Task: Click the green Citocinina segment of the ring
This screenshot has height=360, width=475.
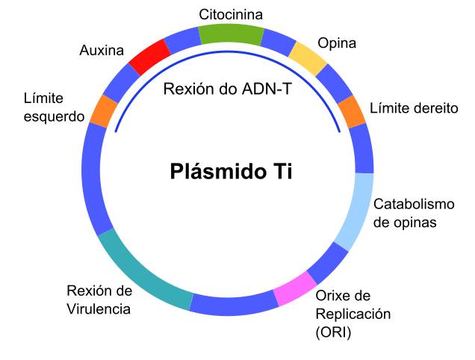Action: pos(231,34)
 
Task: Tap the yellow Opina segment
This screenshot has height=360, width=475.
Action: pos(308,58)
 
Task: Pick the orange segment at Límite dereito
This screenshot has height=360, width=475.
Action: pos(352,111)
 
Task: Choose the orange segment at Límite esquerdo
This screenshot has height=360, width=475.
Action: pos(104,111)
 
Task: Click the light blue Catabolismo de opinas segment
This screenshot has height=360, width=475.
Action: pos(353,211)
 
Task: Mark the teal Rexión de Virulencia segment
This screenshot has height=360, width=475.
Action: pos(142,273)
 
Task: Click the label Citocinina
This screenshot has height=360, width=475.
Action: pos(231,13)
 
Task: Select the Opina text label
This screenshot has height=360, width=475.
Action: pos(337,43)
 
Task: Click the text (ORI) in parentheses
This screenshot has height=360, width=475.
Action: pos(334,330)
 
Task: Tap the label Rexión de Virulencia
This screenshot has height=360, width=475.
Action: pos(99,299)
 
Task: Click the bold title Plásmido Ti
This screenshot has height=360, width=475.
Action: pos(230,171)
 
